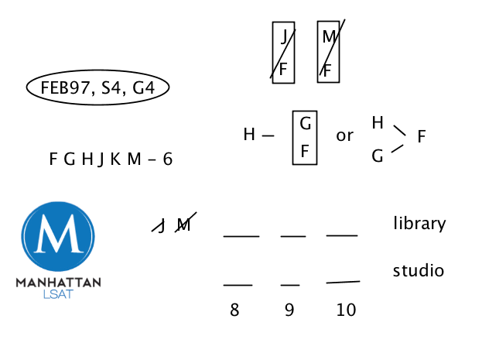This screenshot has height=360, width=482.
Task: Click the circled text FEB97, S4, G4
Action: pos(97,88)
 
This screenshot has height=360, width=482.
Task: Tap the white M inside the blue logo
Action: pos(59,238)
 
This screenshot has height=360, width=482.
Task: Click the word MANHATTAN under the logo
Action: pos(58,283)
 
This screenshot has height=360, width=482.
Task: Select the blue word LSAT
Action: pos(58,295)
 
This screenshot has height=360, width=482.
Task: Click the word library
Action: pos(419,224)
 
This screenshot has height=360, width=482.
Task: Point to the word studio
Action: pos(418,271)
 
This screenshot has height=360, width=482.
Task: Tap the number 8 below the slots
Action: pos(234,310)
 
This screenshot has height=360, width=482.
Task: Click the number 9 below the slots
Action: pos(289,310)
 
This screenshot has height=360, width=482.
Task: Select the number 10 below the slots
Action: pos(346,310)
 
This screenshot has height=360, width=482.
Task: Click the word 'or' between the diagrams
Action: pos(344,135)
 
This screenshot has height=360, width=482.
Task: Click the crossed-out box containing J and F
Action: pos(283,52)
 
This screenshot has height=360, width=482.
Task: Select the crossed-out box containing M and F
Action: pos(329,52)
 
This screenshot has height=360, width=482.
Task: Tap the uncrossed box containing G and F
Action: pos(305,136)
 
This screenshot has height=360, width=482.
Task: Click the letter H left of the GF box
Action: pos(249,135)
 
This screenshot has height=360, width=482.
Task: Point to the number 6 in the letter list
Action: pos(167,159)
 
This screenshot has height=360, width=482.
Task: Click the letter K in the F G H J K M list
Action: pos(115,159)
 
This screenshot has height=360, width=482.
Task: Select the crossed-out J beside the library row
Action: pos(161,225)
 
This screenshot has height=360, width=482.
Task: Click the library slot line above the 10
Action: pos(341,235)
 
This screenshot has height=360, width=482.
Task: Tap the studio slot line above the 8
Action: pos(238,285)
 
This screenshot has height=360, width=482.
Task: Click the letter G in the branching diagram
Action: pos(378,156)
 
